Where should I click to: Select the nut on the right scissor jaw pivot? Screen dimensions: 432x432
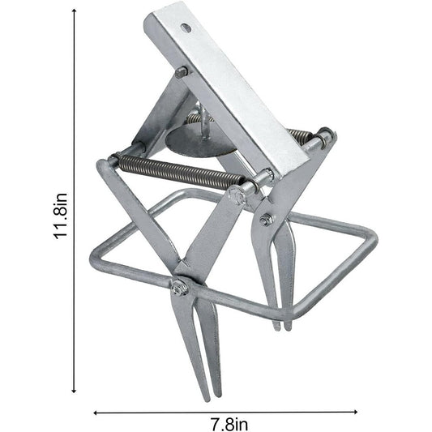267,219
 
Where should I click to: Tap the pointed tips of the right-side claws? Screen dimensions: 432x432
281,324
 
